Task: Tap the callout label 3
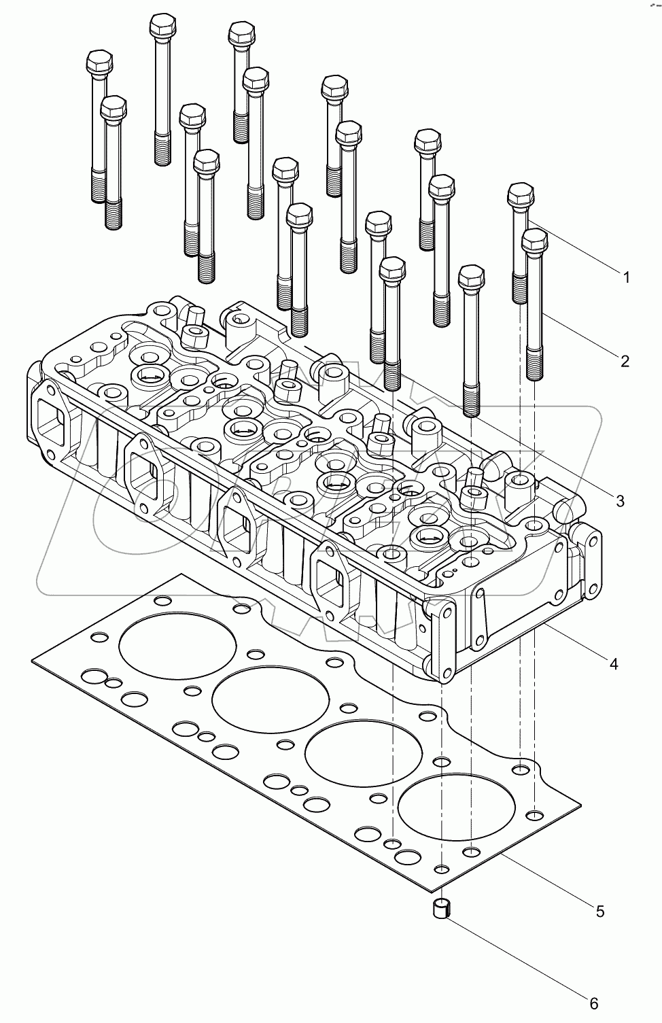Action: (619, 501)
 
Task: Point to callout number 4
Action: (614, 663)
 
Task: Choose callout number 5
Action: (599, 911)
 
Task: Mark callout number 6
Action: (593, 1003)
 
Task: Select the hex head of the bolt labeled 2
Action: (534, 240)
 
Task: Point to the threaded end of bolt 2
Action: (534, 364)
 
